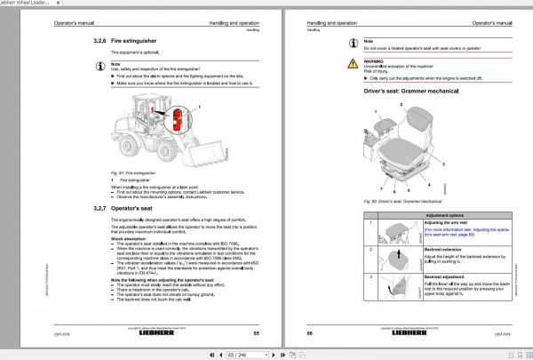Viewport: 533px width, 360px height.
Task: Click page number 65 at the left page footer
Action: pos(255,333)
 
